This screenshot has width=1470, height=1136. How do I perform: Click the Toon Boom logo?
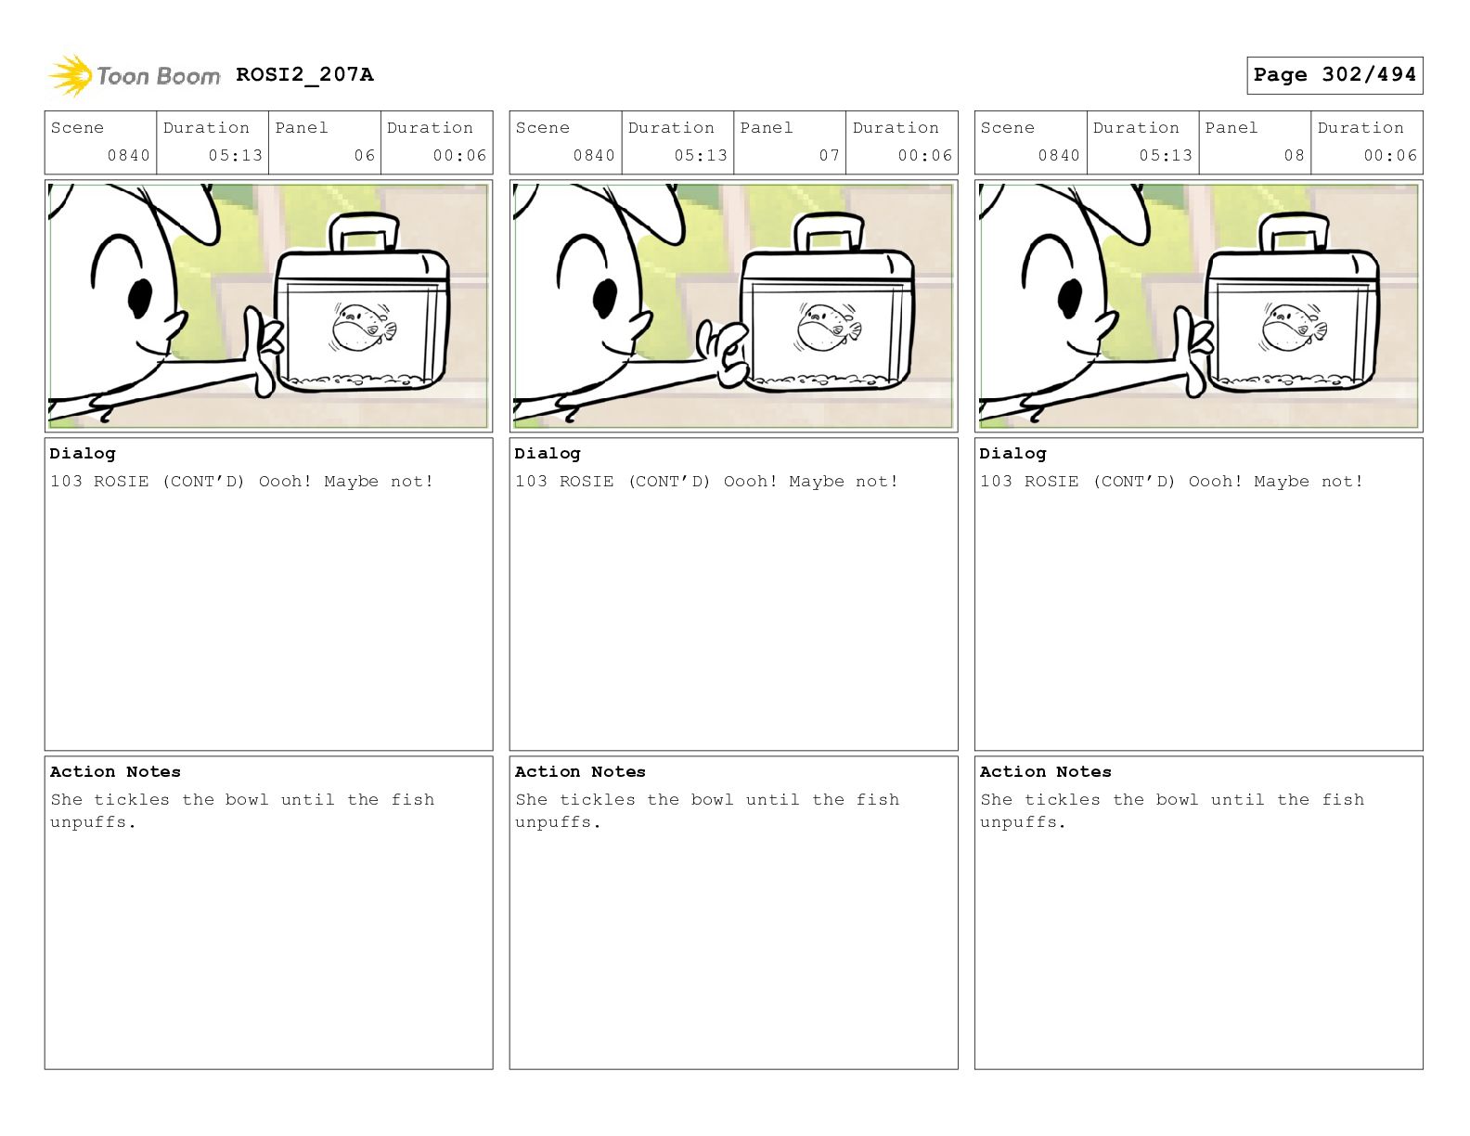coord(134,75)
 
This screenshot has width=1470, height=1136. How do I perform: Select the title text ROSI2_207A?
coord(304,74)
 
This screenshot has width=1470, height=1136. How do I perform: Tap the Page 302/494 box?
coord(1334,75)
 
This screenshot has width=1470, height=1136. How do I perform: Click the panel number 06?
coord(365,156)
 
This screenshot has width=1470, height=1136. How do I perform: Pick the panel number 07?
coord(830,156)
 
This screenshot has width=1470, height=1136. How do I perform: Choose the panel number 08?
coord(1294,156)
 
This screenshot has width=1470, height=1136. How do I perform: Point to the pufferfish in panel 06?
coord(363,328)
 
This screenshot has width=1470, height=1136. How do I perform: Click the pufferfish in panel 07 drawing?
coord(828,328)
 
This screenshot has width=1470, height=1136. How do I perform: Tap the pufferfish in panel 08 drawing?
coord(1293,328)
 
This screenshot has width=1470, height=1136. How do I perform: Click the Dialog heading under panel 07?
coord(548,453)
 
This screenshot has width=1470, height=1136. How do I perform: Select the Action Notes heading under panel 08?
coord(1045,771)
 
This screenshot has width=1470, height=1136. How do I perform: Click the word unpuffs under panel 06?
coord(88,822)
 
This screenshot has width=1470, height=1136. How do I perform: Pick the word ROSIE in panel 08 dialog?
coord(1051,481)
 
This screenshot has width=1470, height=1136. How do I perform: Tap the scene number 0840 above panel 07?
coord(594,156)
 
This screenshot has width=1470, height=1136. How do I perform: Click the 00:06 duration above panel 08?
coord(1390,156)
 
